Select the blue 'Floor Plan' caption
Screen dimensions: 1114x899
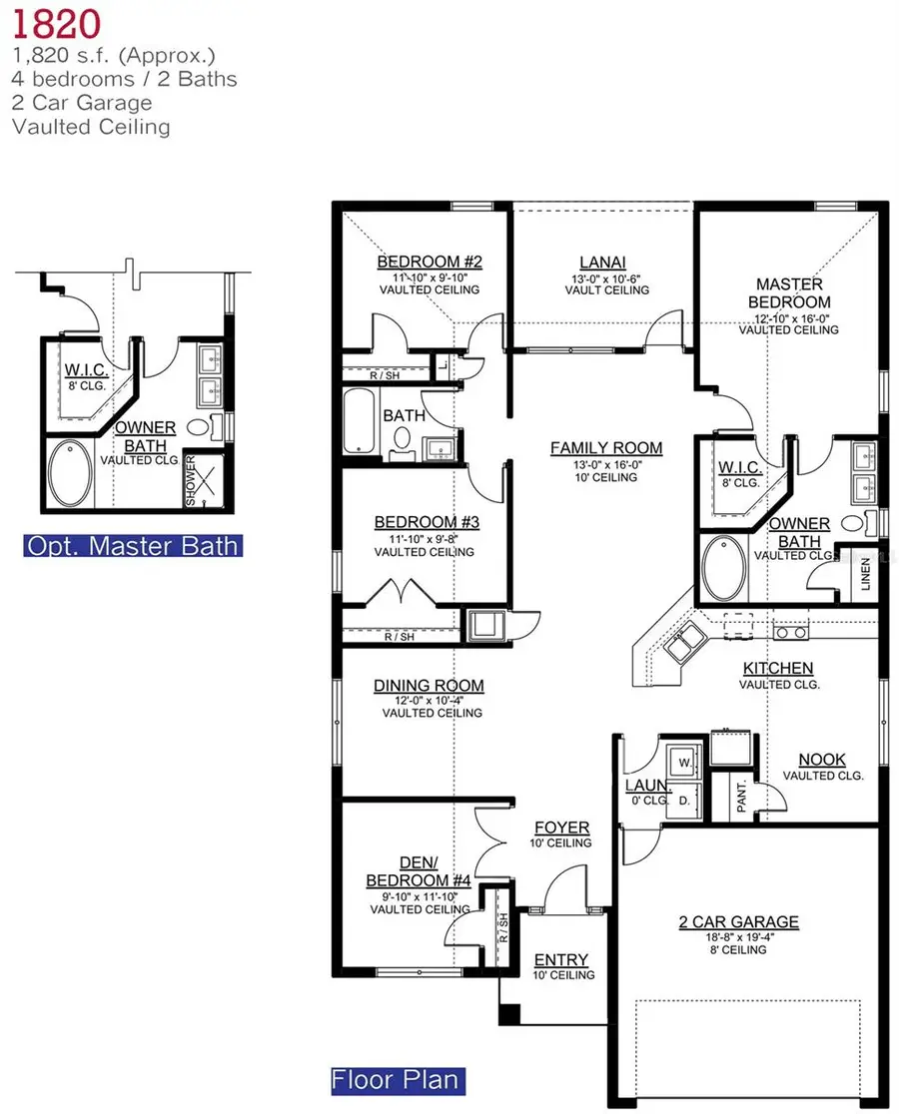point(398,1080)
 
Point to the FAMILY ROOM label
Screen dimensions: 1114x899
point(606,448)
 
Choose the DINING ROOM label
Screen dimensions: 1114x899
point(429,685)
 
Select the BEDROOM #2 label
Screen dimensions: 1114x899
point(430,262)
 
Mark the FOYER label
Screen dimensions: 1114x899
point(562,828)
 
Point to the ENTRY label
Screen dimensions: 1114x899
point(561,959)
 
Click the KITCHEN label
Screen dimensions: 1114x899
point(777,668)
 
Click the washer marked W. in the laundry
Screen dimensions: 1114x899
point(682,760)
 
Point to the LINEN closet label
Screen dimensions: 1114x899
point(865,576)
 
